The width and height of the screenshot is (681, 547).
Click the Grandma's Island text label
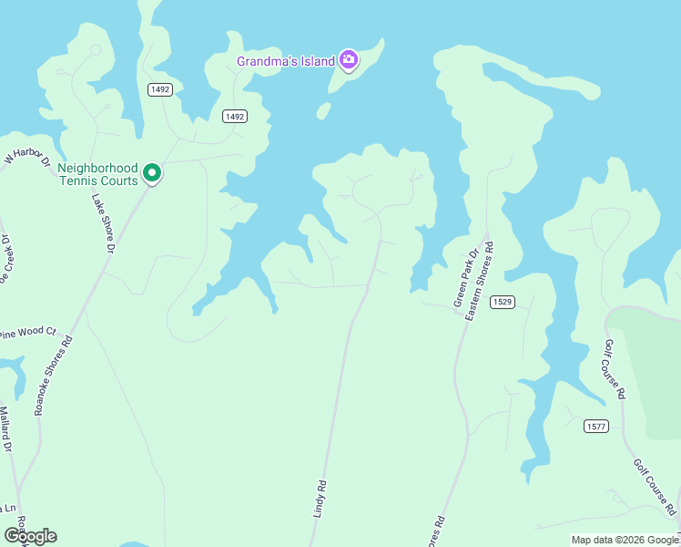tap(285, 61)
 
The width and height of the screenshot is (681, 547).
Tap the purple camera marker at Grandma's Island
tap(348, 61)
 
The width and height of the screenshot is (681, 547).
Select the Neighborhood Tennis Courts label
tap(97, 174)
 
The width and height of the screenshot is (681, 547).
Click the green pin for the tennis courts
tap(153, 172)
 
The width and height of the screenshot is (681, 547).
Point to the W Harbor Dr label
tap(26, 156)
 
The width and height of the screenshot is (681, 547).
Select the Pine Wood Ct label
tap(27, 334)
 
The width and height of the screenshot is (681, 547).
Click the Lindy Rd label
tap(320, 500)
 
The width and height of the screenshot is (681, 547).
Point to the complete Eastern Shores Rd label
tap(480, 281)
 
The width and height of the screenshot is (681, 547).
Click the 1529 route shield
tap(503, 302)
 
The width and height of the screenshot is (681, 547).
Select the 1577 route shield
tap(596, 426)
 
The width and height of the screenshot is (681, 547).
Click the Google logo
tap(31, 535)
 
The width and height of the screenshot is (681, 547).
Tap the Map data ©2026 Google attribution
tap(624, 540)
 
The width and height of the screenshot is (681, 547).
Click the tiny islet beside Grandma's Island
tap(323, 111)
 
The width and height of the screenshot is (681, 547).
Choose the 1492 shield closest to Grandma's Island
tap(235, 116)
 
